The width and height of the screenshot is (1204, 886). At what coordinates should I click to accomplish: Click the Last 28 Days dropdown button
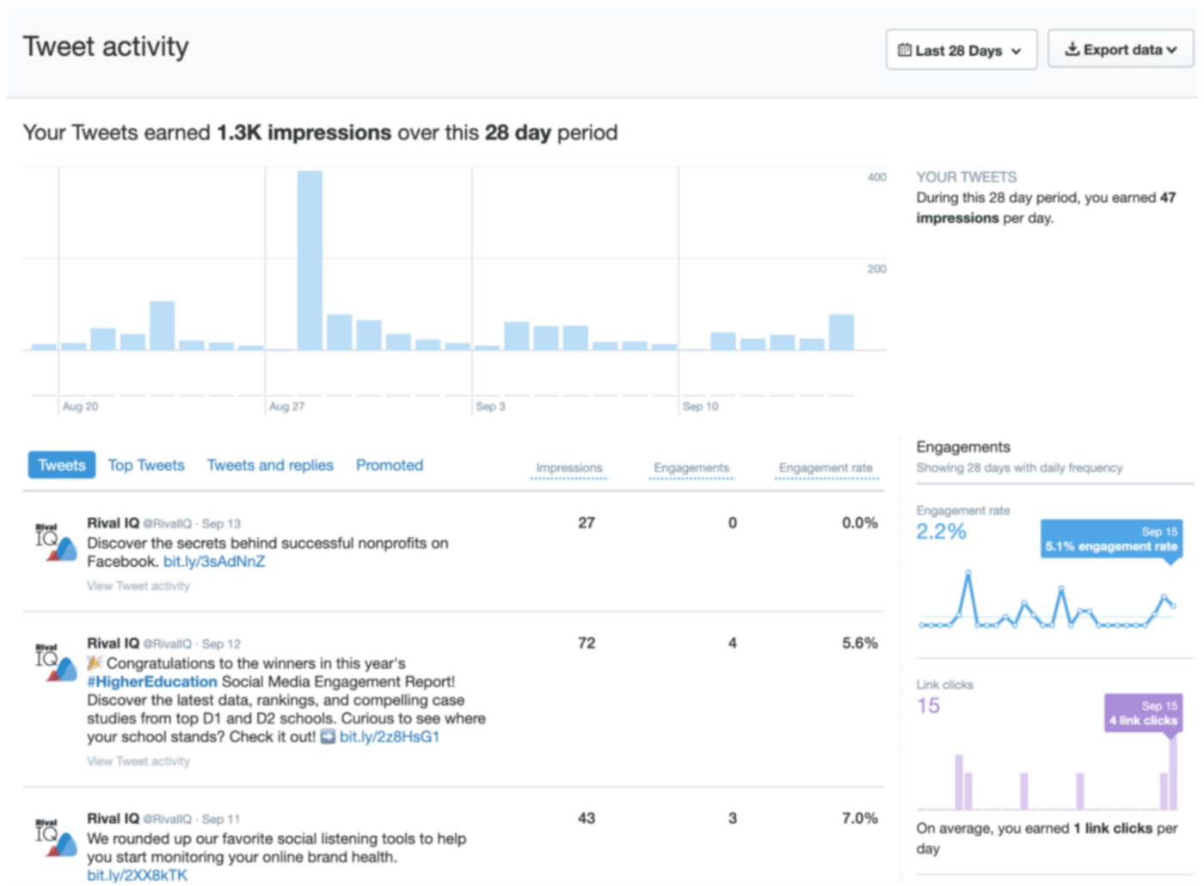coord(961,50)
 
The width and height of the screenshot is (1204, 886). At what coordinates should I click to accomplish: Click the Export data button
coord(1120,50)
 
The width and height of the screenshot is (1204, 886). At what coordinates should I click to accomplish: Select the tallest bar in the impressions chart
coord(310,260)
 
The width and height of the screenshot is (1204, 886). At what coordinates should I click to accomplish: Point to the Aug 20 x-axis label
coord(80,406)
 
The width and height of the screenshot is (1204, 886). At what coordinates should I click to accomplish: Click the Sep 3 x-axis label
coord(490,406)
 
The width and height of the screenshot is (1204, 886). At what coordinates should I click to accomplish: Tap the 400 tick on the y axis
coord(876,177)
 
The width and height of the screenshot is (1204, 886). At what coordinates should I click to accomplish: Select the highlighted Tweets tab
coord(62,465)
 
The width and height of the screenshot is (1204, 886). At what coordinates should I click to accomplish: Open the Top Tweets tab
coord(146,465)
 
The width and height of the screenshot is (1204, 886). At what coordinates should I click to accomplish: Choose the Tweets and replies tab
coord(270,465)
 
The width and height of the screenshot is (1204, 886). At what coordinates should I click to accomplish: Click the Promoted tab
coord(390,465)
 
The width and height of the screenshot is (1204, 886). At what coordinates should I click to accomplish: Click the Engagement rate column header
coord(826,468)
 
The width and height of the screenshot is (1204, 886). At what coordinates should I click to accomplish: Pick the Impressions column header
coord(569,468)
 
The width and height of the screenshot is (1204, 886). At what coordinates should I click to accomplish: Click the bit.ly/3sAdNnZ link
coord(214,562)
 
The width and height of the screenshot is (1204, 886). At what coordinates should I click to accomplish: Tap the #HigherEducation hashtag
coord(152,682)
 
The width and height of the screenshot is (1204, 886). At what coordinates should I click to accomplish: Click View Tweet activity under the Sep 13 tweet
coord(138,586)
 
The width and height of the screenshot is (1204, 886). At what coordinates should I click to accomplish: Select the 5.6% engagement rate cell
coord(859,643)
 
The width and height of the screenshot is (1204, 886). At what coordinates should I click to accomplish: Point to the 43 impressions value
coord(587,819)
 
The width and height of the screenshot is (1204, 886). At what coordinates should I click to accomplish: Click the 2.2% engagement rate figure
coord(941,532)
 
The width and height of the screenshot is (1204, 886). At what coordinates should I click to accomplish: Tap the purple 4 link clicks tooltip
coord(1142,713)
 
